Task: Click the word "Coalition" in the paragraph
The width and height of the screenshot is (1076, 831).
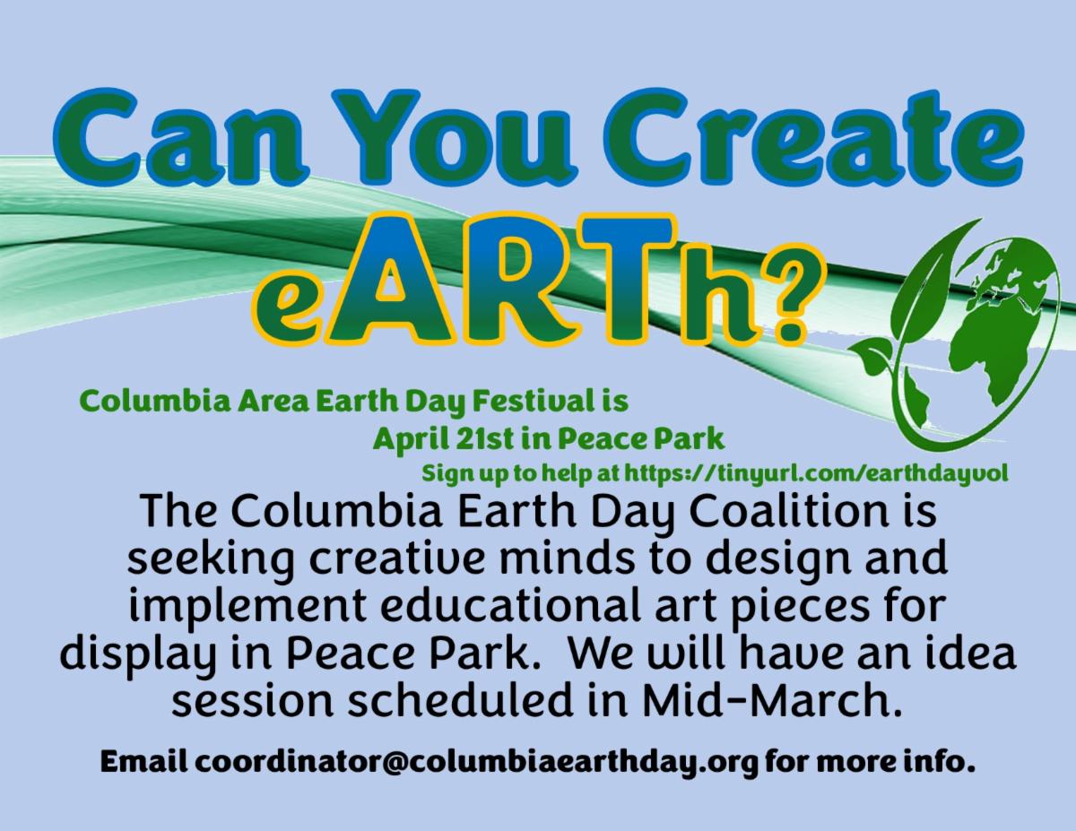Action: [x=786, y=511]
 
